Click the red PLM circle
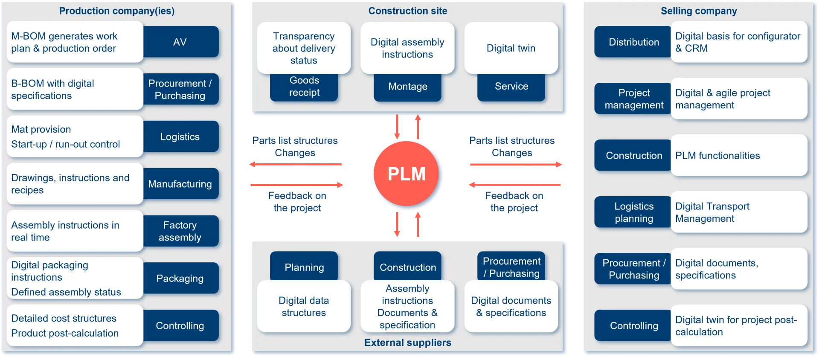coord(407,174)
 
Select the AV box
coord(180,42)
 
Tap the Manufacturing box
coord(180,184)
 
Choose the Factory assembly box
coord(180,231)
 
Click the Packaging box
coord(180,279)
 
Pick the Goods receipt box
coord(304,87)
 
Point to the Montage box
coord(408,87)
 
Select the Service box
coord(511,87)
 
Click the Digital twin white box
coord(511,48)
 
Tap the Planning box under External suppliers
coord(304,267)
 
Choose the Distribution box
coord(633,42)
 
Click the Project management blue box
coord(633,99)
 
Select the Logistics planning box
coord(633,212)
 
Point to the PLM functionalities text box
coord(739,156)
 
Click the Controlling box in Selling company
coord(633,326)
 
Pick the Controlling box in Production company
coord(180,326)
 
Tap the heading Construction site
coord(408,11)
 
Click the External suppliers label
coord(408,343)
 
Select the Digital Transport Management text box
coord(739,212)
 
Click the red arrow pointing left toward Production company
coord(296,164)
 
